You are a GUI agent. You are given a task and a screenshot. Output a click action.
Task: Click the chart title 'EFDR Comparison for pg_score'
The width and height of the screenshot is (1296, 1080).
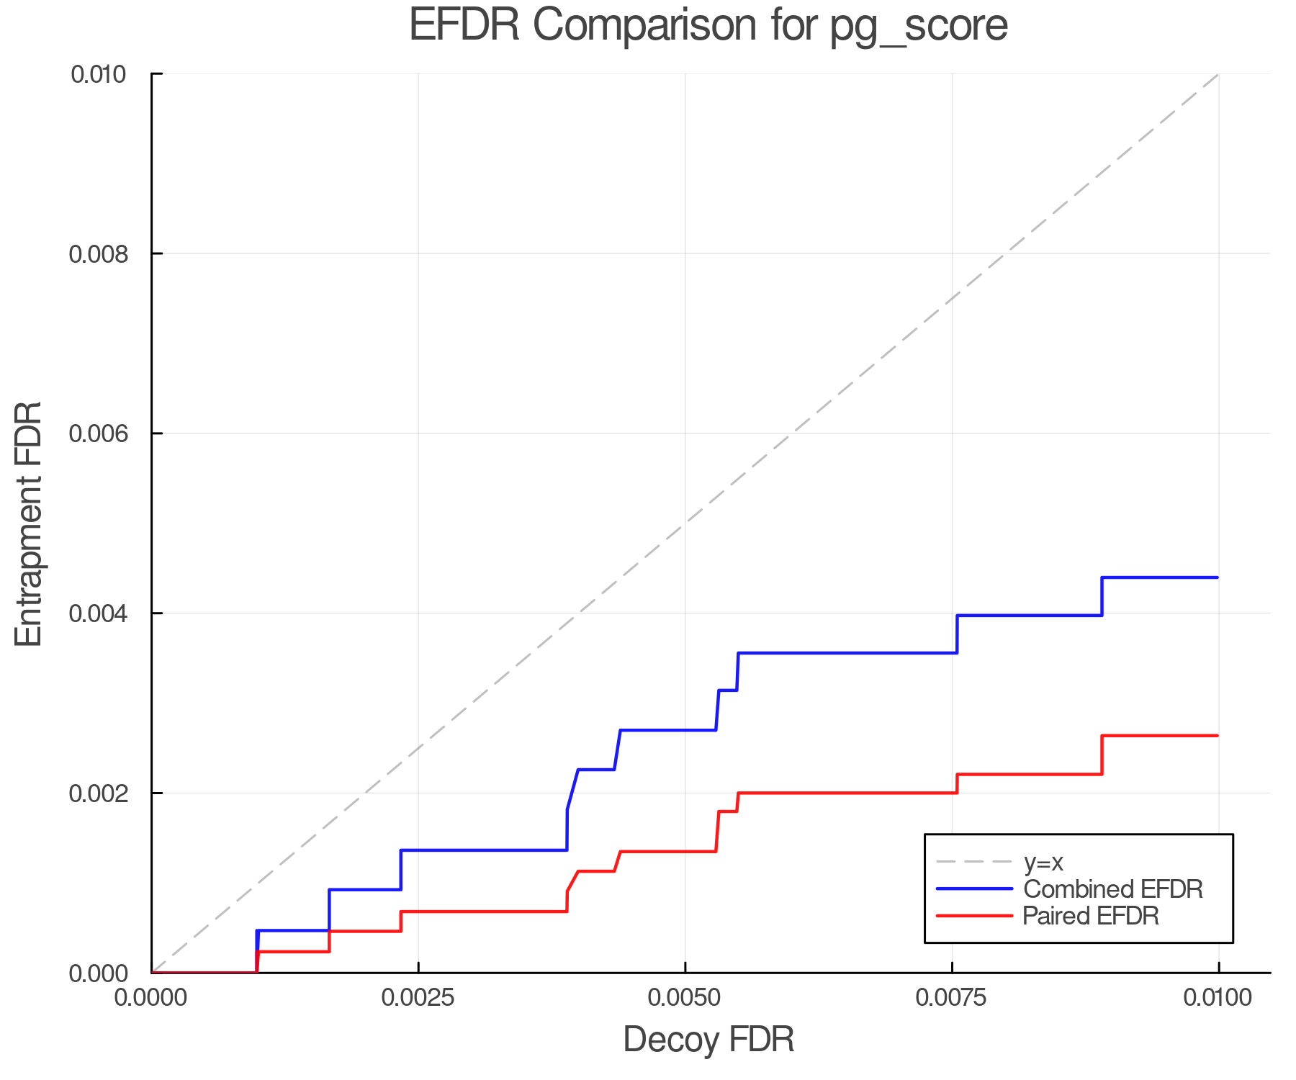(x=708, y=26)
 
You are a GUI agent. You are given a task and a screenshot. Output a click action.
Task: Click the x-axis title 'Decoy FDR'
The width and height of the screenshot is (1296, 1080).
(x=708, y=1040)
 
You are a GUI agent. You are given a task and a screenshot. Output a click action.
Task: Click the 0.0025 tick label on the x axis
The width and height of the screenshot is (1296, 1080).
(x=418, y=997)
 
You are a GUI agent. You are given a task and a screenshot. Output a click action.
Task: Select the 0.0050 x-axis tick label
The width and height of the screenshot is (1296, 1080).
(x=685, y=997)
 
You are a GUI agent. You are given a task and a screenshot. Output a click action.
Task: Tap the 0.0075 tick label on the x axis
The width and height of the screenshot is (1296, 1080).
(x=952, y=997)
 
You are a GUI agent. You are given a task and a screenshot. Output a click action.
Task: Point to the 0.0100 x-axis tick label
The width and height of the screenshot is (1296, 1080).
(x=1218, y=997)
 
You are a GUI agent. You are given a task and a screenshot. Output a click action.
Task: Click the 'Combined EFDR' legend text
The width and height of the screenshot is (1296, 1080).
(x=1113, y=889)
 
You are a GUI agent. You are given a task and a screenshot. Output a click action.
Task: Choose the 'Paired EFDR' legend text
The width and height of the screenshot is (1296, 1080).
(x=1091, y=916)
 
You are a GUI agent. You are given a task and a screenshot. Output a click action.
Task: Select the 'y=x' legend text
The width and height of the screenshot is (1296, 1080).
(x=1044, y=862)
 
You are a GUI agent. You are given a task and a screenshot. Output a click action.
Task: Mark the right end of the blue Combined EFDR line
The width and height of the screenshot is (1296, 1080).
(x=1218, y=577)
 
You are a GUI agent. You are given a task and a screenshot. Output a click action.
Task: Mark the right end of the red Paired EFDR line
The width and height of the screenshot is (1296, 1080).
(x=1218, y=736)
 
